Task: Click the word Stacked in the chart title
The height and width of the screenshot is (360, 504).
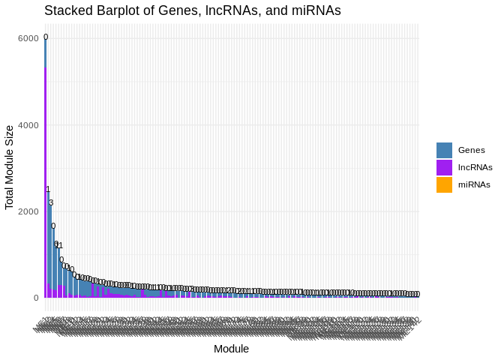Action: (66, 11)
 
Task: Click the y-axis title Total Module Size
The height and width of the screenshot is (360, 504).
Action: (10, 167)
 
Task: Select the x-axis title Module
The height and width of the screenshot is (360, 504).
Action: (231, 349)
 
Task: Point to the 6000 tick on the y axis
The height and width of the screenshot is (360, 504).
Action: (28, 38)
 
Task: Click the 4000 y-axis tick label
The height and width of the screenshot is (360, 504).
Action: (28, 124)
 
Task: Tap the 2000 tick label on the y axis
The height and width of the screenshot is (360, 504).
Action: (28, 211)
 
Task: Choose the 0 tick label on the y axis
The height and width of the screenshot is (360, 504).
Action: (35, 298)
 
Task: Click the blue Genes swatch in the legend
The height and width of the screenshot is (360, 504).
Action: (444, 150)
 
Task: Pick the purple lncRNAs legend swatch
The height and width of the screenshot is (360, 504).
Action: (444, 167)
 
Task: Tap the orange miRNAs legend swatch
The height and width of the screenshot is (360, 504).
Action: (444, 184)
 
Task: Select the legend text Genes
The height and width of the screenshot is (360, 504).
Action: (471, 150)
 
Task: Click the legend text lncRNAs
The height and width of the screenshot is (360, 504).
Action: (475, 167)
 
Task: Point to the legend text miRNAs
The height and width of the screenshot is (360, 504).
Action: (474, 184)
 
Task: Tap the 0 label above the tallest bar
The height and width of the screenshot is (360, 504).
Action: (46, 37)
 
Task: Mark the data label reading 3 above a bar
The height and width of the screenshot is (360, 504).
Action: (51, 202)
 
